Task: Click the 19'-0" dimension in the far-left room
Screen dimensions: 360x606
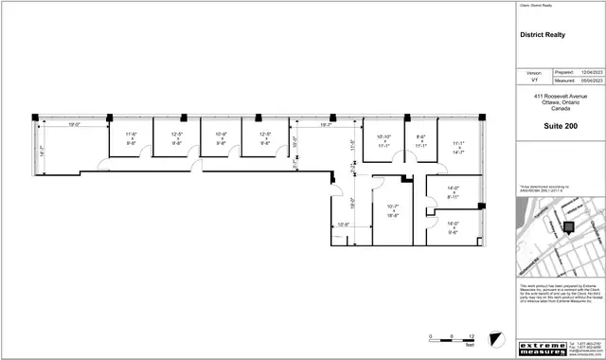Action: pyautogui.click(x=73, y=125)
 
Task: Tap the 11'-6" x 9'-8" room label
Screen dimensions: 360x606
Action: pyautogui.click(x=132, y=139)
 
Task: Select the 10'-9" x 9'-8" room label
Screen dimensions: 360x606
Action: pyautogui.click(x=222, y=139)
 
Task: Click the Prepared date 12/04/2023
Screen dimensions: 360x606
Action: pyautogui.click(x=591, y=72)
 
